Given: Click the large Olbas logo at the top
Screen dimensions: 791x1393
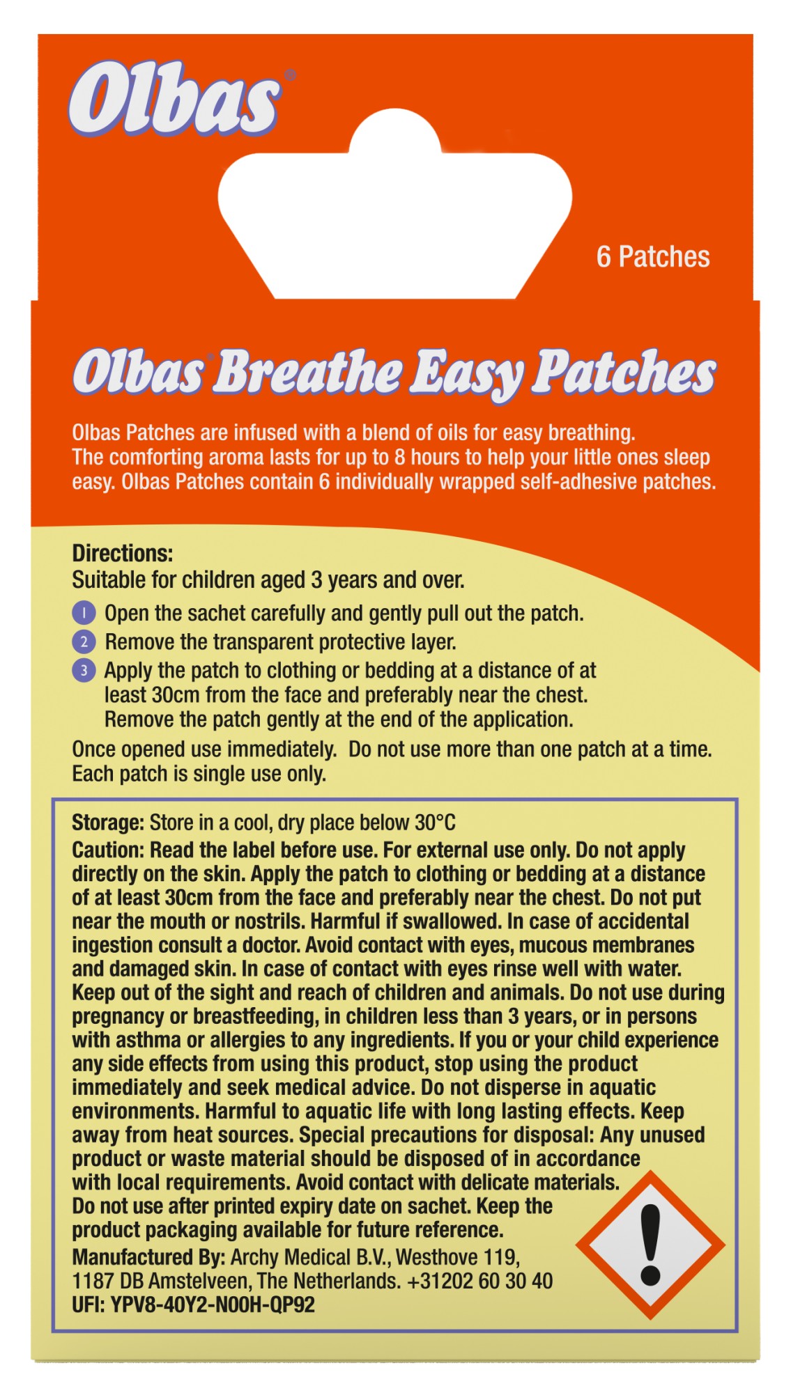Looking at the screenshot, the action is pos(174,100).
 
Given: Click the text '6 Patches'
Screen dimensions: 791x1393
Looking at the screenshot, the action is pos(652,257).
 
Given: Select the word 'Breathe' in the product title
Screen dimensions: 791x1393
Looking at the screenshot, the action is pos(307,372).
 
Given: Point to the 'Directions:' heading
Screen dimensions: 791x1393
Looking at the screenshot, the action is pos(123,554).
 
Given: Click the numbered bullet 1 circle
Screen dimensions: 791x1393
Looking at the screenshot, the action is pos(84,614).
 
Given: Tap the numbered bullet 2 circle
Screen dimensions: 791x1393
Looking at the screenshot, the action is pos(84,642).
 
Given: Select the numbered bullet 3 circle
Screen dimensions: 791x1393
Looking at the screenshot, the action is pos(84,671).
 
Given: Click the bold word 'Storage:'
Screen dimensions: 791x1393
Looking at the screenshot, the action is pos(107,823).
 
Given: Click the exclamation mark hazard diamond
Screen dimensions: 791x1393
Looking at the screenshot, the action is pos(650,1245).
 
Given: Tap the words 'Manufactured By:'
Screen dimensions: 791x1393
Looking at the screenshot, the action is pos(148,1258).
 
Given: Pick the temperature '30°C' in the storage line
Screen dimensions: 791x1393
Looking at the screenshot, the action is pos(435,823).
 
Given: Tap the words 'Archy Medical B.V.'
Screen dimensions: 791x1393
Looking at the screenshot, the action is pos(310,1258).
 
